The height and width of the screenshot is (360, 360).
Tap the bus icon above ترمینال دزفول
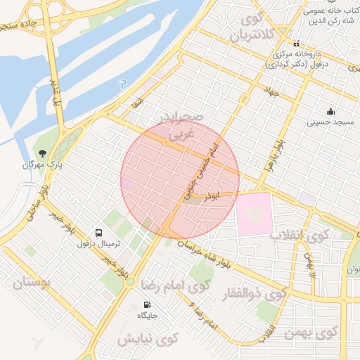click(98, 232)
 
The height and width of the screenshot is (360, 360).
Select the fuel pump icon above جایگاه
click(147, 304)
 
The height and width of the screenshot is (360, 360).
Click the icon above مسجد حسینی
click(330, 111)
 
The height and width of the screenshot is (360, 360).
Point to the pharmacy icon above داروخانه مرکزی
click(297, 43)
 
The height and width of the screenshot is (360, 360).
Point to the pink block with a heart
click(253, 214)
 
